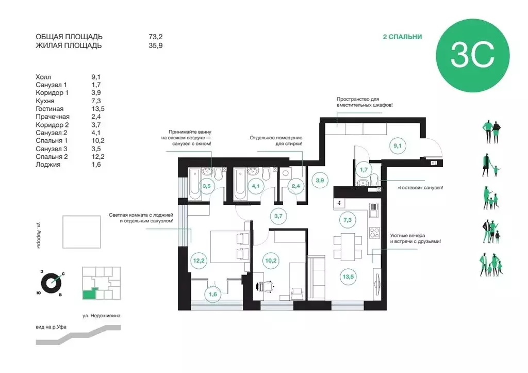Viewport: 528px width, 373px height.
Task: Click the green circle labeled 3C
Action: [472, 56]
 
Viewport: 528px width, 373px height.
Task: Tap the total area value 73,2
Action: [156, 37]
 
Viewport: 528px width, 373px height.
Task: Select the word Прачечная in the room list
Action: [53, 117]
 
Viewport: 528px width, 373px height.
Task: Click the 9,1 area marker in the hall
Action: [398, 145]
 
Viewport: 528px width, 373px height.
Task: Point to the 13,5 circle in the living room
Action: [348, 277]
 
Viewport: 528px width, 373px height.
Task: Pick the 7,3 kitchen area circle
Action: [348, 220]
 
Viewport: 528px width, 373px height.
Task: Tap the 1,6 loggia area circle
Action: [213, 294]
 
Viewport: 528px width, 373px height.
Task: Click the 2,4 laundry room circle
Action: [295, 186]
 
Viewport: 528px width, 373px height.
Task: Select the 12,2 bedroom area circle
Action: [199, 261]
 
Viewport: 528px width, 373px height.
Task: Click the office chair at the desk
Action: [266, 286]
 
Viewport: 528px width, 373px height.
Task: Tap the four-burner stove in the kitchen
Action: [375, 233]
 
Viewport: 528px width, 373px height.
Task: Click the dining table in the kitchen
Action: [348, 247]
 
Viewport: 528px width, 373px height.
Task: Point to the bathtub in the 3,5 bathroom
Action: [195, 184]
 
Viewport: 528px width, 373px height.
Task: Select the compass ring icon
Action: [51, 283]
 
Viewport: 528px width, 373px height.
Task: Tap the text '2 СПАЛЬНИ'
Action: [402, 37]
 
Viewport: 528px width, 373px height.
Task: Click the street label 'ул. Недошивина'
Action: [102, 316]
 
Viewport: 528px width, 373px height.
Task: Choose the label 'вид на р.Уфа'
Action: [51, 327]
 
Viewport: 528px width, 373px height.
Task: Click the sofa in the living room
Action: [317, 278]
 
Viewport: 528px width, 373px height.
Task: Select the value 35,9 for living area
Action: [156, 45]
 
